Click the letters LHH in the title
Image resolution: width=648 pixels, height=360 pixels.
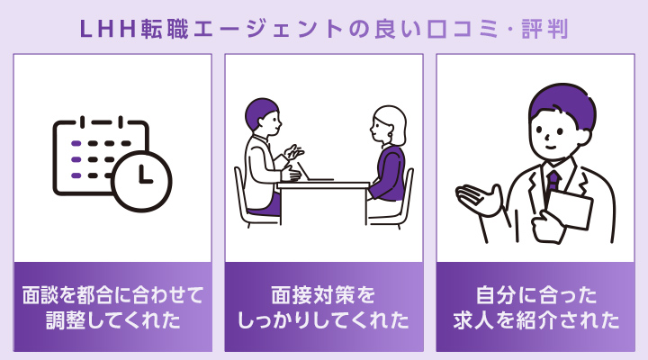click(x=107, y=30)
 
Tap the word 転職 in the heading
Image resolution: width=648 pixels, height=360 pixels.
click(x=165, y=30)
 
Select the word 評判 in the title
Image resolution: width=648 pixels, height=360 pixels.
click(x=545, y=30)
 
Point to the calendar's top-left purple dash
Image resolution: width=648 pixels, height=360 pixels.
click(x=76, y=143)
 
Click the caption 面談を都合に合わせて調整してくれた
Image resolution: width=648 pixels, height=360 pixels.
click(x=112, y=308)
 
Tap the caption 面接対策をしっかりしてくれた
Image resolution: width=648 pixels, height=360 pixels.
click(x=324, y=308)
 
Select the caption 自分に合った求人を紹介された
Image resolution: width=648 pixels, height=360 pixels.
click(x=535, y=308)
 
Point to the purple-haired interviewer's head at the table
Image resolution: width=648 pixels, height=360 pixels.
click(x=263, y=115)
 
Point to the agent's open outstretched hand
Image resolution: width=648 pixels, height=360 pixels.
click(x=480, y=199)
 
